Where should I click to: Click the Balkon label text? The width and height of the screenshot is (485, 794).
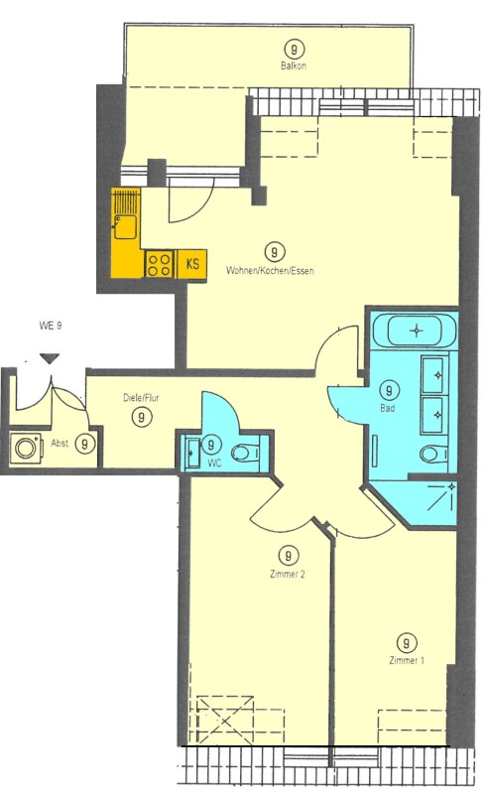pos(294,66)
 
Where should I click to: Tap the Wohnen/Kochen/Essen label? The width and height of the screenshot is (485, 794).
pos(270,270)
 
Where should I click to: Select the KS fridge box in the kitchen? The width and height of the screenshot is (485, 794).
pos(192,264)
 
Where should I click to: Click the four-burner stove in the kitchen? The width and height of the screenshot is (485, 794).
pos(160,264)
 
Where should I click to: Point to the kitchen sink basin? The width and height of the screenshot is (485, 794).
pos(125,226)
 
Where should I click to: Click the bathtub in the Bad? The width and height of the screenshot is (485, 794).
pos(415,331)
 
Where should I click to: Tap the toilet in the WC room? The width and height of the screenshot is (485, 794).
pos(245,452)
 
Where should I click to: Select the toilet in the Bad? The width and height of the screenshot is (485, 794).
pos(433,454)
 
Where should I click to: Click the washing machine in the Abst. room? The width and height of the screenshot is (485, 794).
pos(24,448)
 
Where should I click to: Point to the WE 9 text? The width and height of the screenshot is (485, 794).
pos(51,326)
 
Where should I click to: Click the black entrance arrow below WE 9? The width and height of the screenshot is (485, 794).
pos(50,358)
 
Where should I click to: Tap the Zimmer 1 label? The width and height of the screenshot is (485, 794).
pos(407,660)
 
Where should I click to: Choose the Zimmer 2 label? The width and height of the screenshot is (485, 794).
pos(287,575)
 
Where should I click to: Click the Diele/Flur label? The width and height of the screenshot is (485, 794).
pos(141,398)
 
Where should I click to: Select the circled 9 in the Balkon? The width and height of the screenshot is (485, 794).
pos(294,50)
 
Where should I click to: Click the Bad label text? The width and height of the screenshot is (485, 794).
pos(388,408)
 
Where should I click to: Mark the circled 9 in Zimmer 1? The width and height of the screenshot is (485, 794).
pos(407,643)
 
